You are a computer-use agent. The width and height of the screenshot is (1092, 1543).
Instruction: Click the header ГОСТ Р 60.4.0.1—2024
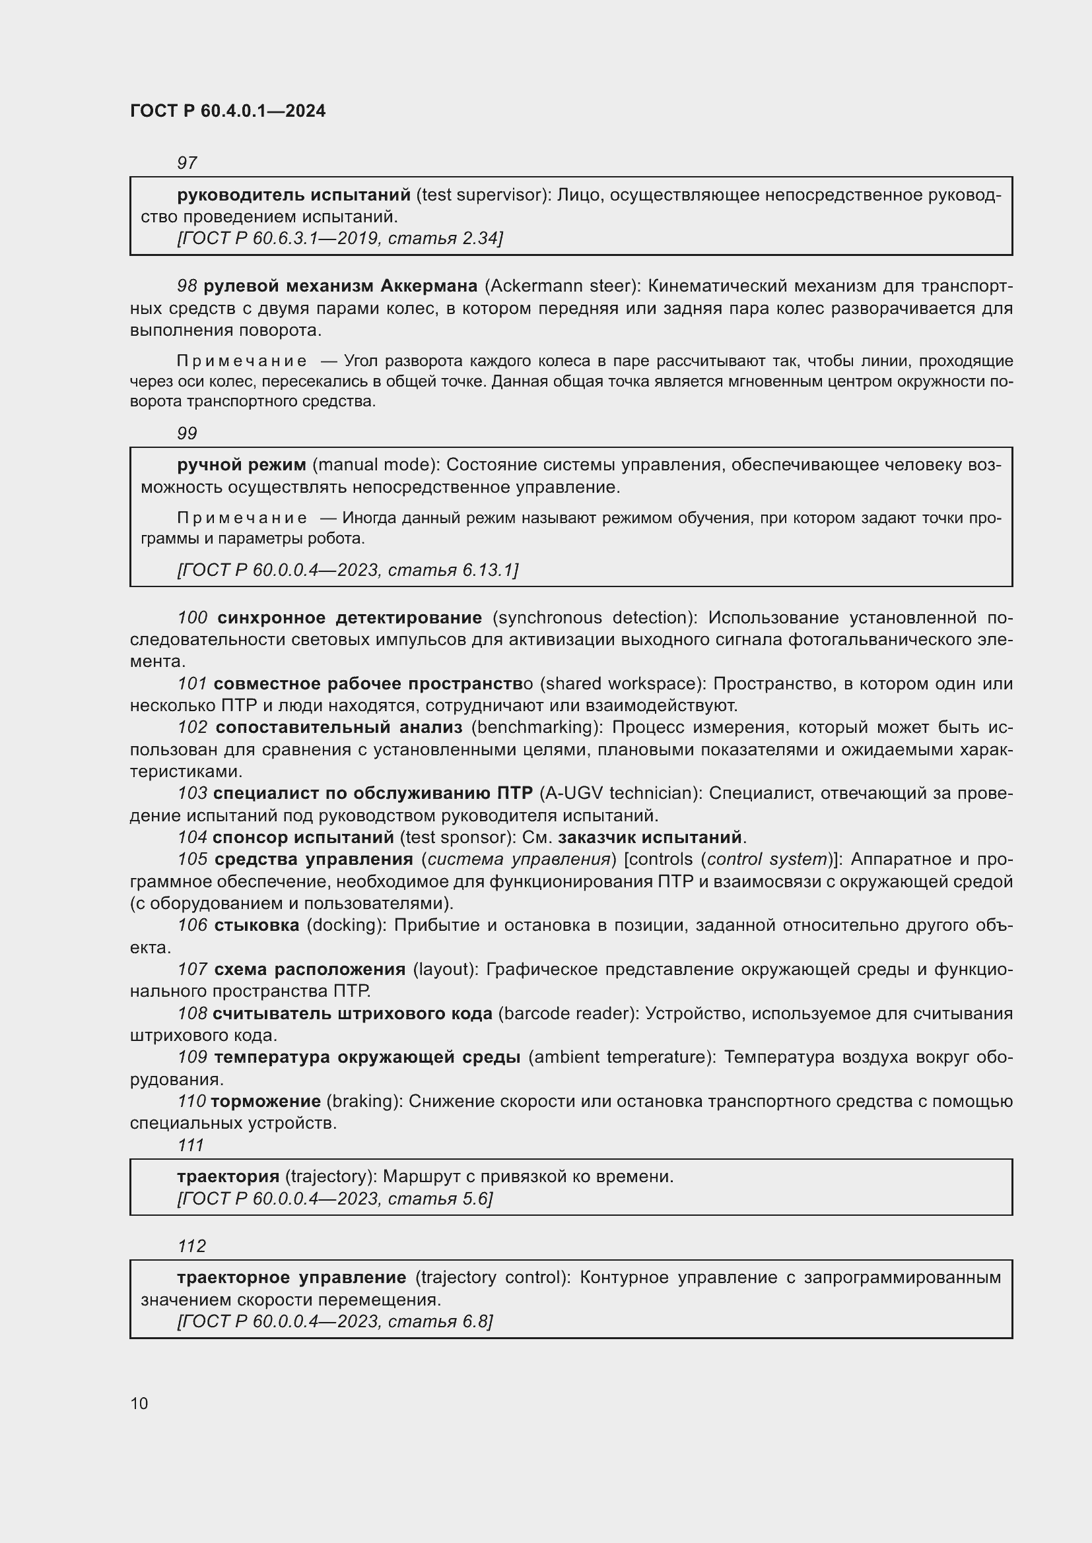coord(227,111)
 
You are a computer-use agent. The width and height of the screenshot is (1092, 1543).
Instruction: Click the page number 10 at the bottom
coord(139,1403)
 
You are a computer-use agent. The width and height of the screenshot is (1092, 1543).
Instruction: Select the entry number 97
coord(187,164)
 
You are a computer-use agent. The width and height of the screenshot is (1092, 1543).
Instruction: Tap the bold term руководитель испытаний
coord(294,195)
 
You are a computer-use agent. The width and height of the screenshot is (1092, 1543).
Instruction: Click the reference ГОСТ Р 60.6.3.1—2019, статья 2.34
coord(339,239)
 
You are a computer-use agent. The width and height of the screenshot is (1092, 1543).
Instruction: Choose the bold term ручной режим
coord(242,465)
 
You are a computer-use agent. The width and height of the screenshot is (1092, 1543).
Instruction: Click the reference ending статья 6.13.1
coord(347,570)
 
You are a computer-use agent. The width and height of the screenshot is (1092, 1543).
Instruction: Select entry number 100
coord(192,617)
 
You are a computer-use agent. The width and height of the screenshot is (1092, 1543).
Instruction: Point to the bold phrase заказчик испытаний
coord(650,837)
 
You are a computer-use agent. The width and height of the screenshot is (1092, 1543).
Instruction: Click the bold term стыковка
coord(257,926)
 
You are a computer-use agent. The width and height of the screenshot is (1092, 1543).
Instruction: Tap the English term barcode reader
coord(568,1013)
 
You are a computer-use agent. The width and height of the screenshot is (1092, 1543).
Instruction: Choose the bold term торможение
coord(265,1102)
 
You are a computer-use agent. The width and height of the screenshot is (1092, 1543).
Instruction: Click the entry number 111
coord(190,1145)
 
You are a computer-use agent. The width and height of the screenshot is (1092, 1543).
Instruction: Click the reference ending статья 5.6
coord(334,1199)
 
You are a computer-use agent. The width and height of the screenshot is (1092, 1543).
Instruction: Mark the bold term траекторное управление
coord(292,1278)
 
